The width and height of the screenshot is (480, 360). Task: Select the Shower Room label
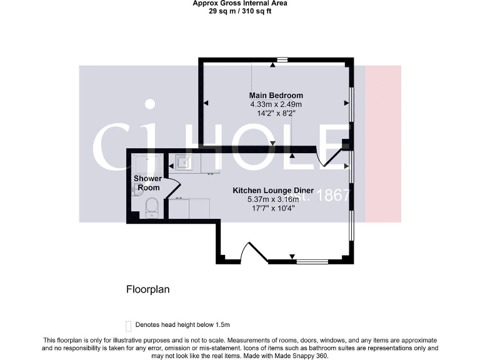click(x=147, y=182)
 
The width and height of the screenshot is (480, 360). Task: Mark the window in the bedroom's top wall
click(x=282, y=61)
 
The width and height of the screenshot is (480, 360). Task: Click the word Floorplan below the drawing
click(x=147, y=289)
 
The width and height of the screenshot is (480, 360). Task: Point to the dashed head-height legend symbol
click(x=129, y=325)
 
